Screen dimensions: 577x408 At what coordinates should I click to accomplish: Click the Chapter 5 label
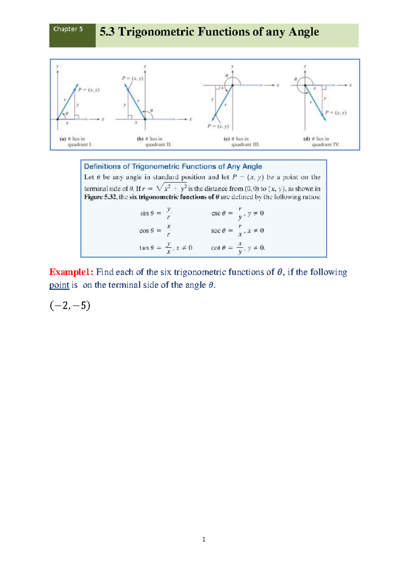point(68,29)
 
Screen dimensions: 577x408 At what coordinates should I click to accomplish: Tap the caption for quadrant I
point(76,142)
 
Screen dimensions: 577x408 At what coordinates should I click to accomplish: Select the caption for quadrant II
point(154,142)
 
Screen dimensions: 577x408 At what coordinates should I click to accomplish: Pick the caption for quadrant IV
point(321,142)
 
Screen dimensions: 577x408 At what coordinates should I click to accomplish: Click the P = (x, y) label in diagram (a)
point(89,90)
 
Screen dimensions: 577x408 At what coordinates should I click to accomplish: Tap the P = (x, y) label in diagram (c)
point(218,126)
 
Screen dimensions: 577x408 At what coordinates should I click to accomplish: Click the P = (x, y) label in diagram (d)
point(336,113)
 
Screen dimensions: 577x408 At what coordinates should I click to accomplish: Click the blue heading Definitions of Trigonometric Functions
point(173,166)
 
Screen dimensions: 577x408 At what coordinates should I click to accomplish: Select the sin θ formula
point(155,213)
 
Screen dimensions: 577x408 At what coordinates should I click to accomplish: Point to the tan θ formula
point(166,248)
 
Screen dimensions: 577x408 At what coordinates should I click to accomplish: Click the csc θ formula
point(237,213)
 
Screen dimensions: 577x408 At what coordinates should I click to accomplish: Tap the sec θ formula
point(237,230)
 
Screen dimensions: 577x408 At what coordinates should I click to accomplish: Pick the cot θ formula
point(238,248)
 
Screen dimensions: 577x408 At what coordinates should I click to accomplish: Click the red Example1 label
point(71,272)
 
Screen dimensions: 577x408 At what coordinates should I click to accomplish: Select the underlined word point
point(59,285)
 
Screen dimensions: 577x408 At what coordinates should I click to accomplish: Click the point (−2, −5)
point(70,306)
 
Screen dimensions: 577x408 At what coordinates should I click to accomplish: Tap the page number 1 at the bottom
point(204,539)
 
